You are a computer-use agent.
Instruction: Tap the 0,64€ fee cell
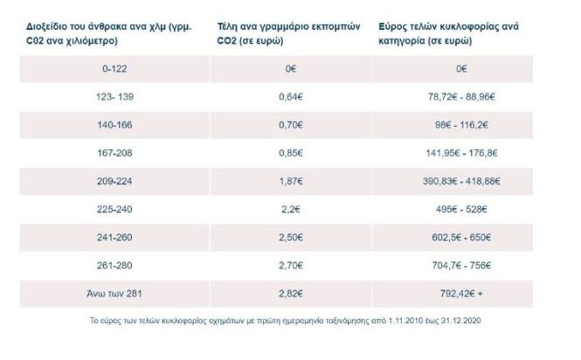(294, 97)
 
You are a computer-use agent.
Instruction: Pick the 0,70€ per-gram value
(294, 126)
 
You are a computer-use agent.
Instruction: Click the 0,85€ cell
(294, 154)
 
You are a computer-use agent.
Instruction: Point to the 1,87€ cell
(294, 183)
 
